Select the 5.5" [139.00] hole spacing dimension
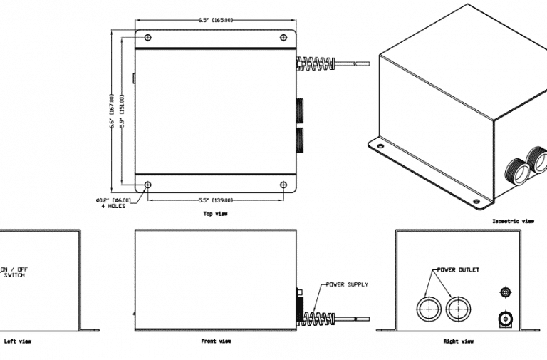point(214,200)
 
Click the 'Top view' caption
point(216,214)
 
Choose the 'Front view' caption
point(216,341)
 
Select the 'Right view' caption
point(459,341)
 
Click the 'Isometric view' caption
point(513,221)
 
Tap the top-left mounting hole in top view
point(147,37)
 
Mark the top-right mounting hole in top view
point(283,37)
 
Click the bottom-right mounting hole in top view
point(283,185)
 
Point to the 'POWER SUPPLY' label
point(347,284)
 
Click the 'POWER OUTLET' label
point(458,270)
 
